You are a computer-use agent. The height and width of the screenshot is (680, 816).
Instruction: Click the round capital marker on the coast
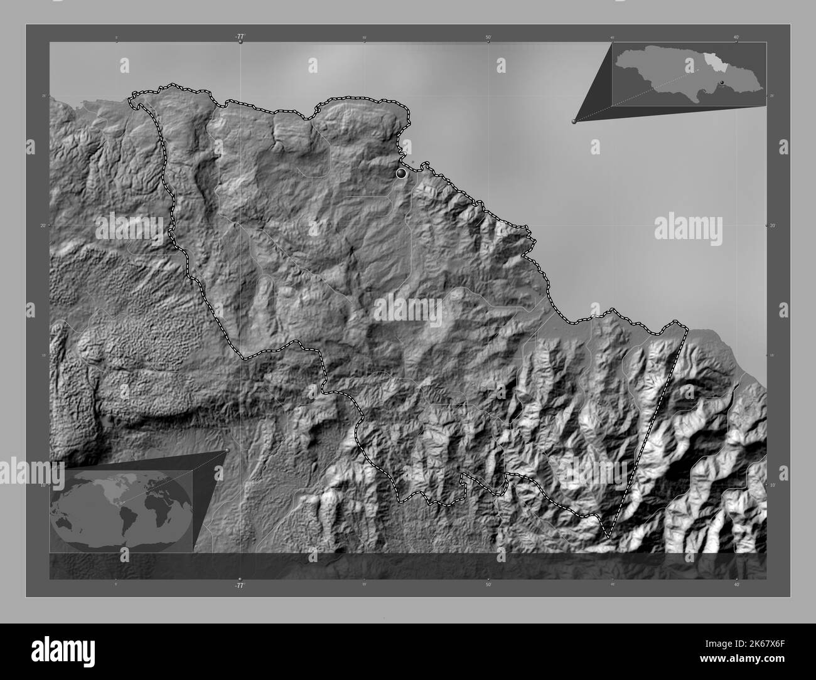pyautogui.click(x=401, y=173)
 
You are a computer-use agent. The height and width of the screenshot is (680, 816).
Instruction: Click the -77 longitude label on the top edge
pyautogui.click(x=240, y=37)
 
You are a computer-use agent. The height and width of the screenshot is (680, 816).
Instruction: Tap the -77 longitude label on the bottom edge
pyautogui.click(x=239, y=585)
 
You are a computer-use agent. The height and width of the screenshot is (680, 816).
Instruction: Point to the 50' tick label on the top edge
pyautogui.click(x=488, y=37)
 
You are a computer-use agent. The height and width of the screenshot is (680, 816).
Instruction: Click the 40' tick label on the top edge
pyautogui.click(x=736, y=37)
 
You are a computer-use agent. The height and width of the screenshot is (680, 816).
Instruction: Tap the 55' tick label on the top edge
pyautogui.click(x=364, y=37)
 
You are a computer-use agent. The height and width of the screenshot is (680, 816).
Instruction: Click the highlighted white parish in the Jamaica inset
pyautogui.click(x=712, y=63)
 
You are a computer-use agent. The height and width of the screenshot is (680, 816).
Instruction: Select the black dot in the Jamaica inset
pyautogui.click(x=722, y=82)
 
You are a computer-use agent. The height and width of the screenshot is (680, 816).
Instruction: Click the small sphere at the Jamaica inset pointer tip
pyautogui.click(x=574, y=122)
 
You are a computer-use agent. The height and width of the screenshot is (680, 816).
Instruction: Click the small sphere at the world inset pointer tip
pyautogui.click(x=227, y=450)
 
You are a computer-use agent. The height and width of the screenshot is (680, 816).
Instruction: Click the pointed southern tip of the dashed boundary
pyautogui.click(x=608, y=537)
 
